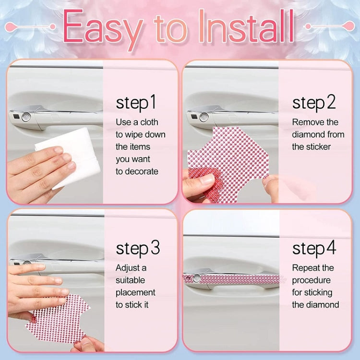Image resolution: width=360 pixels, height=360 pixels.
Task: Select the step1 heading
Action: tap(136, 103)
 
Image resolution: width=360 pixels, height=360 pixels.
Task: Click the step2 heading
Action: tap(314, 103)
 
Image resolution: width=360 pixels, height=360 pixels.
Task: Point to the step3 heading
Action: tap(138, 248)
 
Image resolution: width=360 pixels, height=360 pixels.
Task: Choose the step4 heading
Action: tap(314, 248)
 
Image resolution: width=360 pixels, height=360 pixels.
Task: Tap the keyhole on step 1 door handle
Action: tap(26, 117)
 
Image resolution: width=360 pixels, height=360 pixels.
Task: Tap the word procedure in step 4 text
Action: tap(312, 280)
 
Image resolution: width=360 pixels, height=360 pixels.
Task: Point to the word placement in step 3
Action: tap(135, 292)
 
